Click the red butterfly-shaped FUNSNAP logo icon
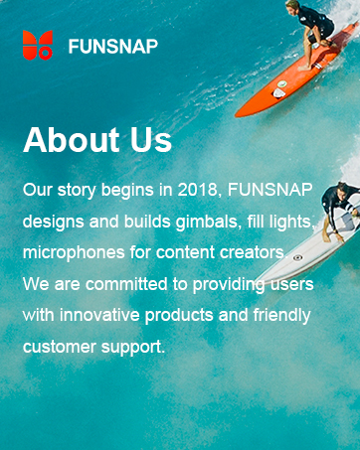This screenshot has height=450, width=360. (38, 45)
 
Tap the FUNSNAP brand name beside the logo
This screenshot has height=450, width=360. (112, 46)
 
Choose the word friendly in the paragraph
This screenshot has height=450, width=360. (280, 316)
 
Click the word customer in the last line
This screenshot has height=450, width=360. (58, 348)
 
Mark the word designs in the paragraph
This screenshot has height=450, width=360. (52, 220)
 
